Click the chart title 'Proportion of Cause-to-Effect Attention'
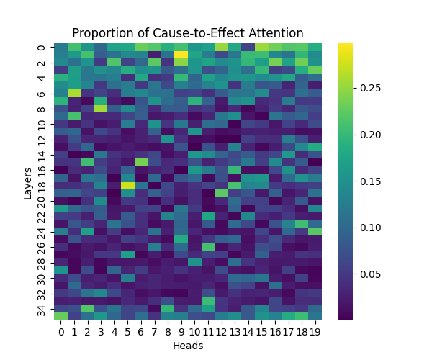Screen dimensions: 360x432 tap(188, 34)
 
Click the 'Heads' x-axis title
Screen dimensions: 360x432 tap(188, 346)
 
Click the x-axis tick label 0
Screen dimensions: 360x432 tap(60, 331)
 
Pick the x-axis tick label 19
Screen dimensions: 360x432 tap(315, 331)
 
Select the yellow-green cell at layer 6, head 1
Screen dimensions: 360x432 tap(74, 93)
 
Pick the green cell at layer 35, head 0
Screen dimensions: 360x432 tap(60, 315)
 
